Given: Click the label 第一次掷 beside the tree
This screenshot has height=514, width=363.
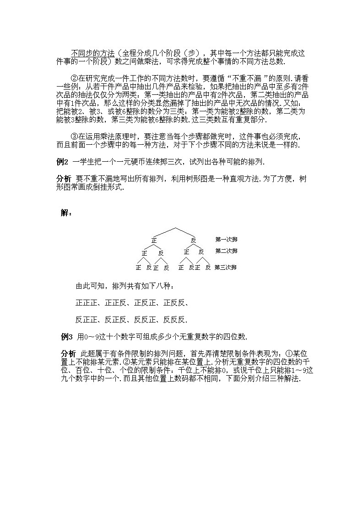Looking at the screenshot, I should [x=226, y=239].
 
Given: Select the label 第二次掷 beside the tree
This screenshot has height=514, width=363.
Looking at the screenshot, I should [x=226, y=251].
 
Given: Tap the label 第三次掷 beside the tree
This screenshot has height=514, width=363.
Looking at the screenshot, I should [x=226, y=268].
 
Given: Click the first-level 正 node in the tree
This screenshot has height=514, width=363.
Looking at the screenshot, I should [x=154, y=240].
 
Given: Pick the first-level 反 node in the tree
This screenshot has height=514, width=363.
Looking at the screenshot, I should [x=194, y=240].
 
